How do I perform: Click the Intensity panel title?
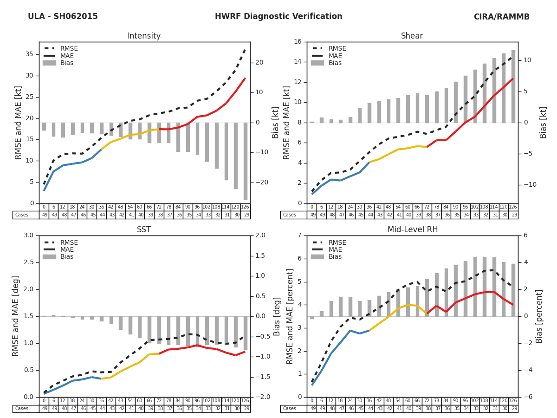coord(144,36)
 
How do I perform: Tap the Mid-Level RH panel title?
coord(412,230)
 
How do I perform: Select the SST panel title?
coord(144,230)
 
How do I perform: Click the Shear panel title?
coord(412,36)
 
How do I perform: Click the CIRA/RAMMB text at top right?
coord(501,17)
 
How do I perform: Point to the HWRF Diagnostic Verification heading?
coord(278,17)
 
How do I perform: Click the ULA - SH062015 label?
coord(63,17)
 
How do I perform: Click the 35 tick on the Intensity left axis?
coord(29,54)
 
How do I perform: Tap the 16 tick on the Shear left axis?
coord(297,42)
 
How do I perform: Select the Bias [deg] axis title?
coord(277,316)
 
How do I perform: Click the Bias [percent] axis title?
coord(539,316)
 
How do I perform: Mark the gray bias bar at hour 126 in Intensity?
coord(245,161)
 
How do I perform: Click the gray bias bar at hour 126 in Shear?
coord(513,86)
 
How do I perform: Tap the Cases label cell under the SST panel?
coord(22,409)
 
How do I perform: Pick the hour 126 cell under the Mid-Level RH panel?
coord(513,401)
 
